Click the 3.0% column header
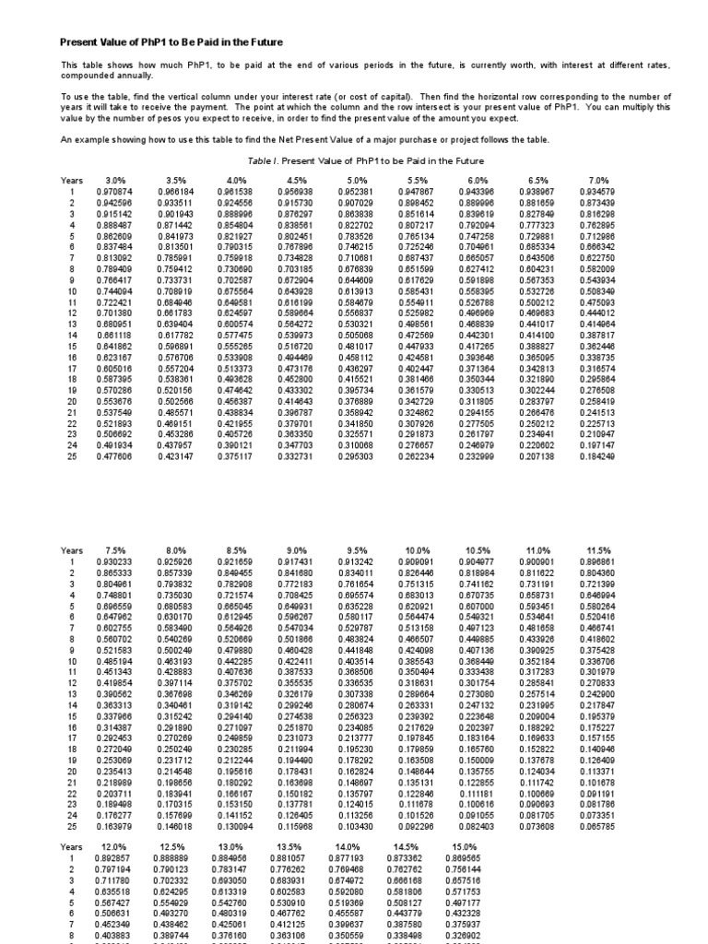pos(115,180)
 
